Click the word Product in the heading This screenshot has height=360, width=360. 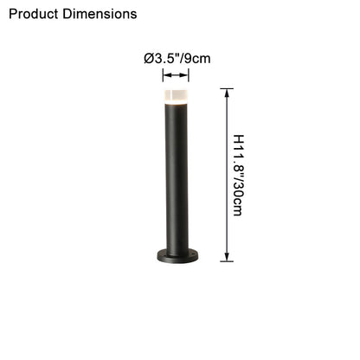(x=34, y=14)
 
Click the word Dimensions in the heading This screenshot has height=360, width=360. (x=100, y=14)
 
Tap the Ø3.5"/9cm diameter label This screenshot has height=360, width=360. (x=177, y=59)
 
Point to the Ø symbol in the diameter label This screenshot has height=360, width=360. (x=149, y=59)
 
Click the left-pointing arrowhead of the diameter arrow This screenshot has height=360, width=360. (x=166, y=75)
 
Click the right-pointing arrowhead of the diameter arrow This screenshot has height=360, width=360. (x=184, y=75)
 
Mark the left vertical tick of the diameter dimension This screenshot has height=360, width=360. (x=163, y=75)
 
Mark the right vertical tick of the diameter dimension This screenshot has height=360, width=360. (x=189, y=75)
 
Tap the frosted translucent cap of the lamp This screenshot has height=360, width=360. (x=176, y=95)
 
